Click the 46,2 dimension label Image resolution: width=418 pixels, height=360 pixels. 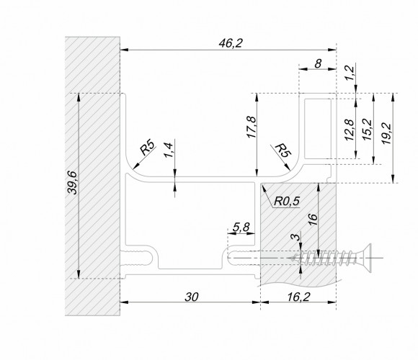click(x=231, y=43)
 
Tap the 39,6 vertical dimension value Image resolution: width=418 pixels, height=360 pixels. click(x=72, y=182)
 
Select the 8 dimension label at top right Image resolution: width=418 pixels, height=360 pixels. click(x=318, y=64)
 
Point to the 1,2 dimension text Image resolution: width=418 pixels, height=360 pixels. click(x=350, y=73)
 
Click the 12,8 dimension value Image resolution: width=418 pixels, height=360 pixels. click(x=350, y=130)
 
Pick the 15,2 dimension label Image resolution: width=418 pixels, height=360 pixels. click(x=367, y=130)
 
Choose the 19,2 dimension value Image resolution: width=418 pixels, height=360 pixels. click(x=386, y=134)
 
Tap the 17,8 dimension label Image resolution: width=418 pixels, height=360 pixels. click(x=252, y=127)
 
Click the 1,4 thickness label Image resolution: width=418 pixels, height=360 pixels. click(x=168, y=150)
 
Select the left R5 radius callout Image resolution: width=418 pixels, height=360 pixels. click(x=148, y=148)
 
